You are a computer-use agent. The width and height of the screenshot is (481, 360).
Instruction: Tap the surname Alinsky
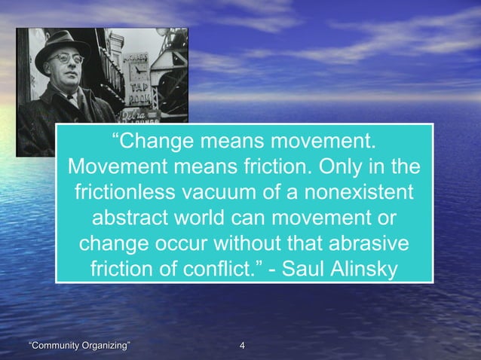pos(368,269)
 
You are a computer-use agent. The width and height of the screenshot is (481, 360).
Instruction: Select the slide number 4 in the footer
pos(241,346)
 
